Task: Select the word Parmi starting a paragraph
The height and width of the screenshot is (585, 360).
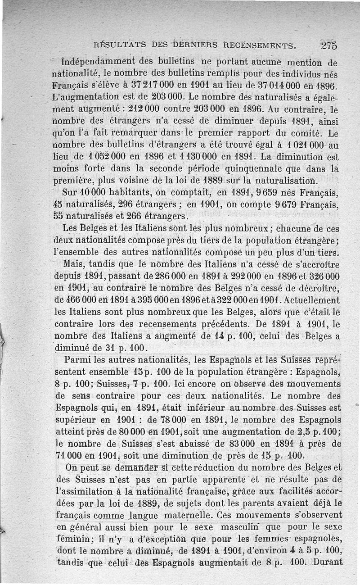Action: (x=76, y=361)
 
